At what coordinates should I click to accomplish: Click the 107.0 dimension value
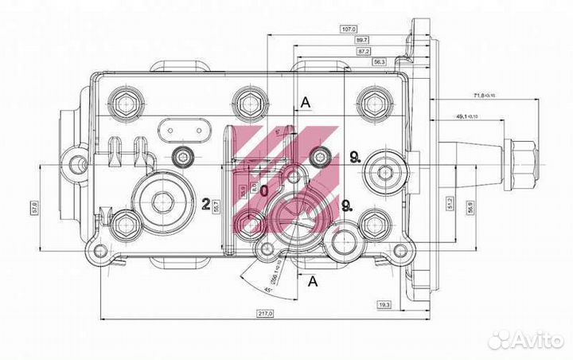pos(347,29)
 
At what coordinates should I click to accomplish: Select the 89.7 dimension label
pos(362,40)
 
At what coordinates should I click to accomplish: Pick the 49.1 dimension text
pos(466,116)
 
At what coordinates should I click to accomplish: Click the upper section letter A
pos(304,101)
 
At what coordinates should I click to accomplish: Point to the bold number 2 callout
pos(205,205)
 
